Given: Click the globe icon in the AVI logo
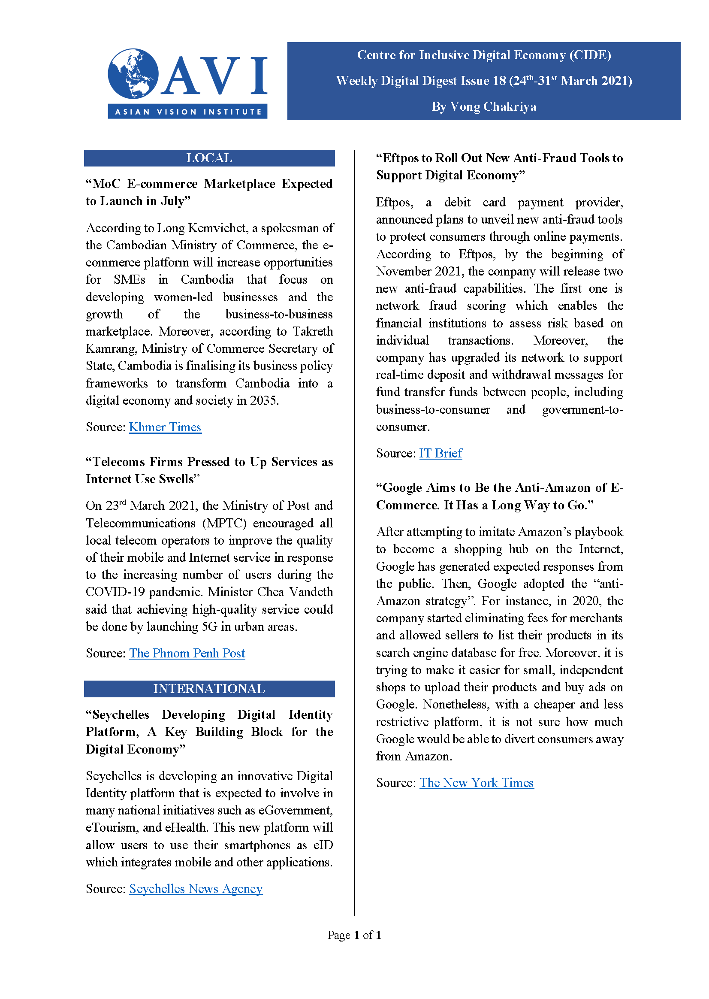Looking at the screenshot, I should pyautogui.click(x=133, y=73).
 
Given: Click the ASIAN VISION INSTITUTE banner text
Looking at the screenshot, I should pyautogui.click(x=188, y=112).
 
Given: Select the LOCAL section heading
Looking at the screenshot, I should pyautogui.click(x=209, y=158).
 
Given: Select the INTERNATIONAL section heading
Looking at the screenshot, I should pyautogui.click(x=209, y=689).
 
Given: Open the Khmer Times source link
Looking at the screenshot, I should pyautogui.click(x=165, y=427).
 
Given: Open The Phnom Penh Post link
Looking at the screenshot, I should pyautogui.click(x=187, y=653).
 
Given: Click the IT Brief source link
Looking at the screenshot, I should pyautogui.click(x=440, y=454).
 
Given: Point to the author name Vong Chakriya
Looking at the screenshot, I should pyautogui.click(x=493, y=106).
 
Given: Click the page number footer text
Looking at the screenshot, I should pyautogui.click(x=354, y=935).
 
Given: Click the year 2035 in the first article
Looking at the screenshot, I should pyautogui.click(x=264, y=400).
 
